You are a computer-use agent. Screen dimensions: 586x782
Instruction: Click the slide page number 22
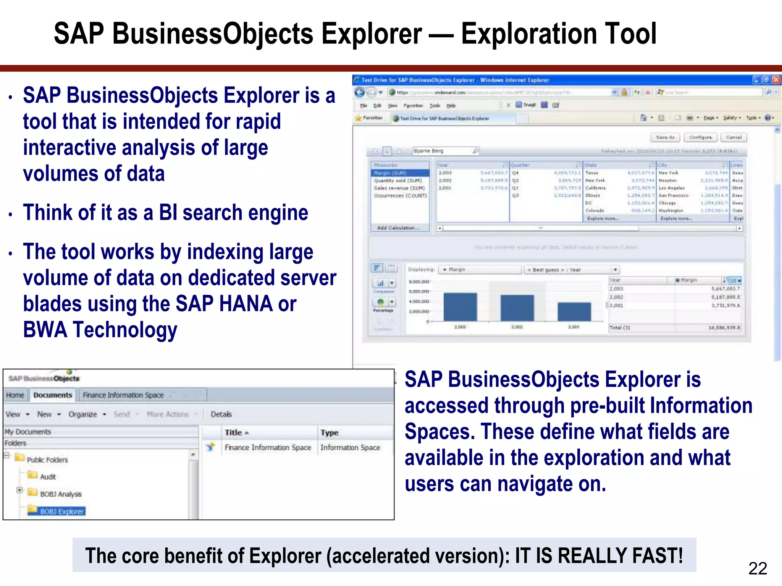758,568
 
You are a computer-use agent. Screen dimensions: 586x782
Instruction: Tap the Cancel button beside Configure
734,137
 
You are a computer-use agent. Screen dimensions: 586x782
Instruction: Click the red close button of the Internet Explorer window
776,80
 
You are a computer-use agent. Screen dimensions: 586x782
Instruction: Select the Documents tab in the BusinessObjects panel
53,395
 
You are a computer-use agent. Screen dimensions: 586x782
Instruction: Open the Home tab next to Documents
15,395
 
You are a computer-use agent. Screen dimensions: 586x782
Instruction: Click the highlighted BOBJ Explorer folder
61,511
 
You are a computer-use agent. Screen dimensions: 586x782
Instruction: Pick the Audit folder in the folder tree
48,477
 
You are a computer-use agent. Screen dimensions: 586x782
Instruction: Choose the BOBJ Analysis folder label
61,494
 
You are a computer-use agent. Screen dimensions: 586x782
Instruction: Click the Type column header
330,433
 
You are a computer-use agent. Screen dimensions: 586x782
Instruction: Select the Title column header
233,433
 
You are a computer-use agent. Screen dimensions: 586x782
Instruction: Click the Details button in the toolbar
221,414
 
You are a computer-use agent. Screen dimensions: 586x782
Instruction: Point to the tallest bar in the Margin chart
460,307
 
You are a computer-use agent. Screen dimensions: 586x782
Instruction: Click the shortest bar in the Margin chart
574,312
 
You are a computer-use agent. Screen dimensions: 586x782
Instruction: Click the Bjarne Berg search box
443,151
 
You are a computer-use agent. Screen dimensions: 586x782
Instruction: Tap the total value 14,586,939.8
724,328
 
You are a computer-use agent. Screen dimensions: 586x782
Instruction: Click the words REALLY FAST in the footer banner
619,555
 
